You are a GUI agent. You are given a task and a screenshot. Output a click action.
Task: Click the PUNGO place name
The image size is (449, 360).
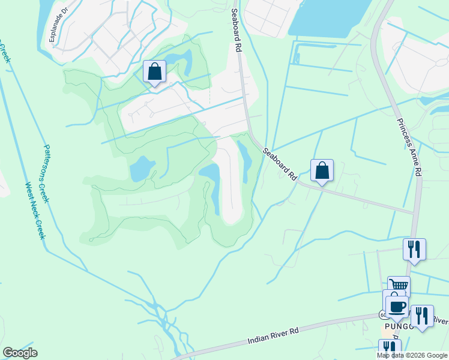396,326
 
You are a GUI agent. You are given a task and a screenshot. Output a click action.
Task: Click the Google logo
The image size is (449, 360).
20,353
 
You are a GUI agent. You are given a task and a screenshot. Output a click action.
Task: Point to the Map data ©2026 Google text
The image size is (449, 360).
412,355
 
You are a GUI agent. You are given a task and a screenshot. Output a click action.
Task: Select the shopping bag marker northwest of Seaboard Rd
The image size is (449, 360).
155,72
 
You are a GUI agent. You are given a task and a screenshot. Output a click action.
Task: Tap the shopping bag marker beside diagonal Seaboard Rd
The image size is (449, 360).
322,170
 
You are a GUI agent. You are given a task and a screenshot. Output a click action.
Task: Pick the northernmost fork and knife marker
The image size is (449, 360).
414,249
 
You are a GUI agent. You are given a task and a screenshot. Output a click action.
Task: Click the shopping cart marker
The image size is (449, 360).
399,287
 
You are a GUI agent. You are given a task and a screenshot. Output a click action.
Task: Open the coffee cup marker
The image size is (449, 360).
397,307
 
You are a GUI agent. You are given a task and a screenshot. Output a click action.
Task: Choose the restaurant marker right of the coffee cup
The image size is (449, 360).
422,316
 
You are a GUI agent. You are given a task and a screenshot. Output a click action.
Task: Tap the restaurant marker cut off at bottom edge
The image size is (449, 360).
390,349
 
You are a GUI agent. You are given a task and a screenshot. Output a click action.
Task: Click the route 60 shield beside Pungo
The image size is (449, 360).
382,315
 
